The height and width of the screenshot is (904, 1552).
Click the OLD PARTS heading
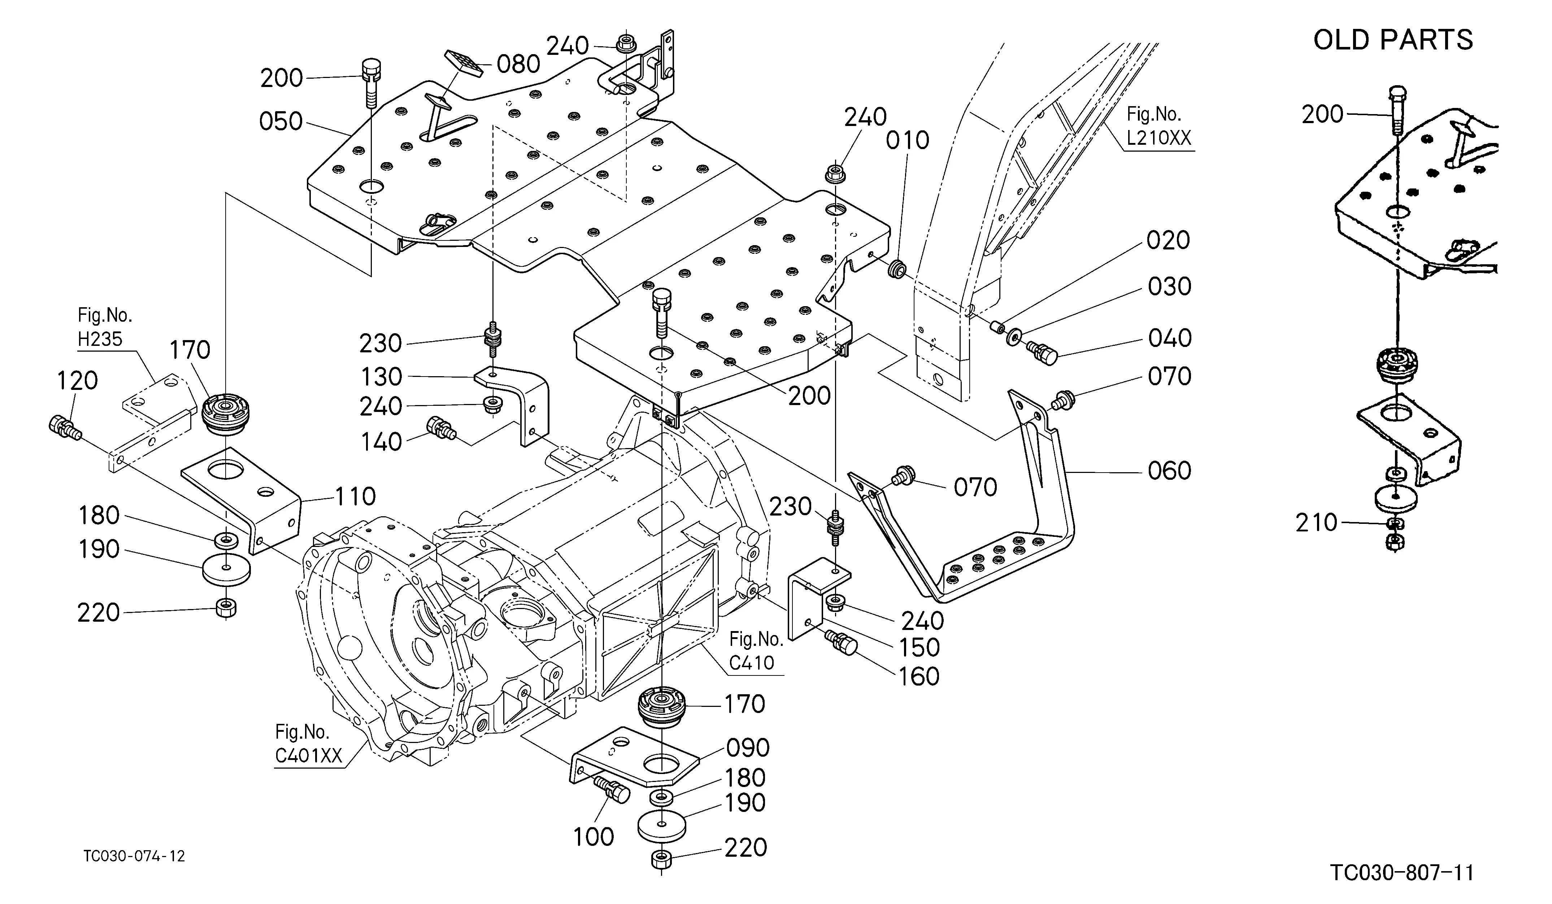click(x=1393, y=40)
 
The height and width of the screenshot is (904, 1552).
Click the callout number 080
click(x=518, y=64)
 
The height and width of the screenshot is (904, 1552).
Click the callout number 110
click(x=355, y=496)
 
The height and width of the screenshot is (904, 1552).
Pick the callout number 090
click(x=748, y=748)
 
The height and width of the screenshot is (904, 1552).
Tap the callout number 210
click(x=1317, y=523)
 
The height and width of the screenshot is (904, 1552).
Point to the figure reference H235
click(x=100, y=339)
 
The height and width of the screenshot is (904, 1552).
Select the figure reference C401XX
click(x=308, y=756)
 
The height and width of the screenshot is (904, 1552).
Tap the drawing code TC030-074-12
click(x=134, y=856)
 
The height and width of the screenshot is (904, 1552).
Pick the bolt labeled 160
click(x=841, y=643)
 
